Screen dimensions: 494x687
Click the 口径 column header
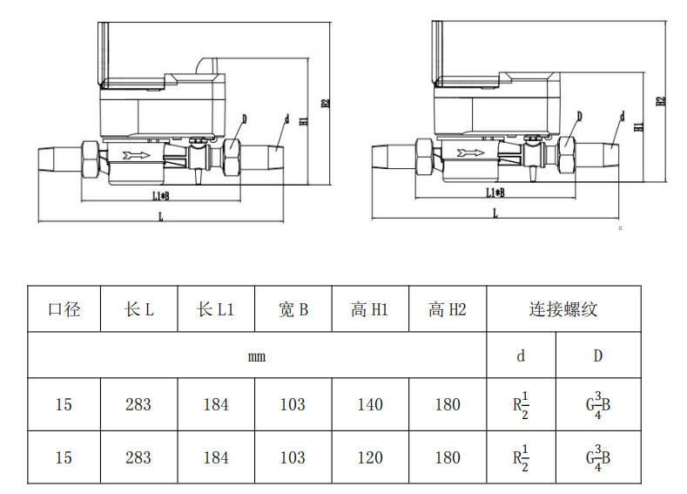point(64,309)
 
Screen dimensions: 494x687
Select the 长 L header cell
point(139,309)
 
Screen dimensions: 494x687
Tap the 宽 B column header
point(293,309)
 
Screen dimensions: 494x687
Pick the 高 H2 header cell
point(448,309)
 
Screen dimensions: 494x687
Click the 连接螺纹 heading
point(562,309)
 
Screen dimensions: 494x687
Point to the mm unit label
point(256,355)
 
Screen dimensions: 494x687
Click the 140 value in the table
point(370,404)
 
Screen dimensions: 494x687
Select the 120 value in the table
point(370,457)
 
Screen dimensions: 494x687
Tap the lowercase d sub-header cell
point(521,355)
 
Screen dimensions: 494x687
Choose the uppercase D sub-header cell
point(597,355)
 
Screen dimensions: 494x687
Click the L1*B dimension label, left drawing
point(159,197)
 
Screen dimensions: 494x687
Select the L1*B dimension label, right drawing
point(494,192)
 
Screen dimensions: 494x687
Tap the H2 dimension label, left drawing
point(326,102)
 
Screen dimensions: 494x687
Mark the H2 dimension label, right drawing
point(661,100)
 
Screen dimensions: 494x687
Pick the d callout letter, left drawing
point(286,118)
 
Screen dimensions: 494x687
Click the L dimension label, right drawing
point(495,213)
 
